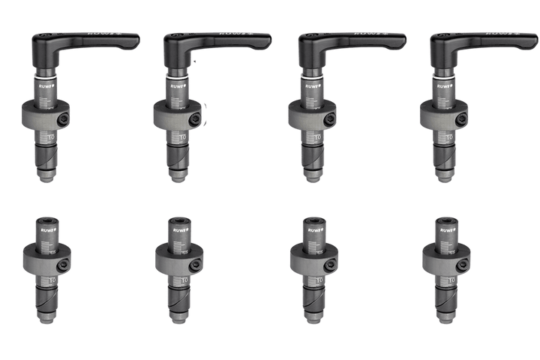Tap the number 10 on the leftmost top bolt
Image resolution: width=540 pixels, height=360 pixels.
coord(51,138)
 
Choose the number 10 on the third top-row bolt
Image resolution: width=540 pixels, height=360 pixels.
coord(318,138)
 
